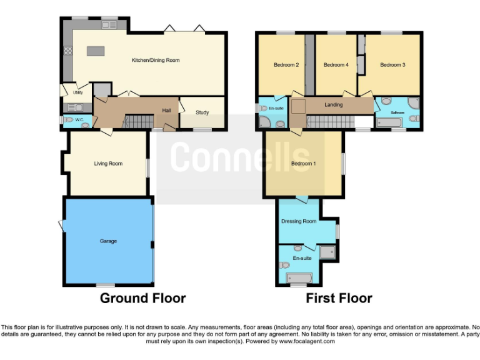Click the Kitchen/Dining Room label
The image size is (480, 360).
[155, 61]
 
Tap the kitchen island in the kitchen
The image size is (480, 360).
[95, 50]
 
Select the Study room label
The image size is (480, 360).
[202, 113]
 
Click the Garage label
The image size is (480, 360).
[108, 241]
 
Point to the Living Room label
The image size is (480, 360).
[108, 164]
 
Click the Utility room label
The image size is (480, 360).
[77, 92]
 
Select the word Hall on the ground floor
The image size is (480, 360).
[167, 111]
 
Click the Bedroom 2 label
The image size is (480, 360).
[286, 65]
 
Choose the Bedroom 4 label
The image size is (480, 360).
[336, 65]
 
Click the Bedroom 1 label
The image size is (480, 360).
[303, 164]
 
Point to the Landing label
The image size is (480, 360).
[333, 105]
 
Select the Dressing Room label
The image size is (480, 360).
[299, 221]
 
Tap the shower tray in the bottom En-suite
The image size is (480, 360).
[327, 252]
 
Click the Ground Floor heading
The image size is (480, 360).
[142, 299]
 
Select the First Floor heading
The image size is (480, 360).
[339, 299]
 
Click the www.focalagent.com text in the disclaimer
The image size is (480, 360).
[307, 341]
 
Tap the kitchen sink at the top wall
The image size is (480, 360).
[109, 26]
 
